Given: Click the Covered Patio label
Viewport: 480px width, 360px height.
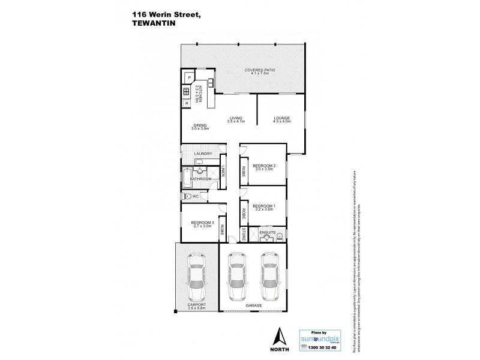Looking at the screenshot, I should pyautogui.click(x=257, y=70).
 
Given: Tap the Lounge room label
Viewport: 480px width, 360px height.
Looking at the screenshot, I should pyautogui.click(x=282, y=118).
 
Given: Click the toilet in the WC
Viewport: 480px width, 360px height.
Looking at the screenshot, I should pyautogui.click(x=188, y=197).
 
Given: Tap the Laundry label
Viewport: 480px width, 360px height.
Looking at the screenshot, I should pyautogui.click(x=202, y=154).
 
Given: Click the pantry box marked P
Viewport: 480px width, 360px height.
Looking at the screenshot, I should pyautogui.click(x=190, y=78).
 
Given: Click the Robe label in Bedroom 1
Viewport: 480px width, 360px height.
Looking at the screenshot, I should pyautogui.click(x=244, y=212).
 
